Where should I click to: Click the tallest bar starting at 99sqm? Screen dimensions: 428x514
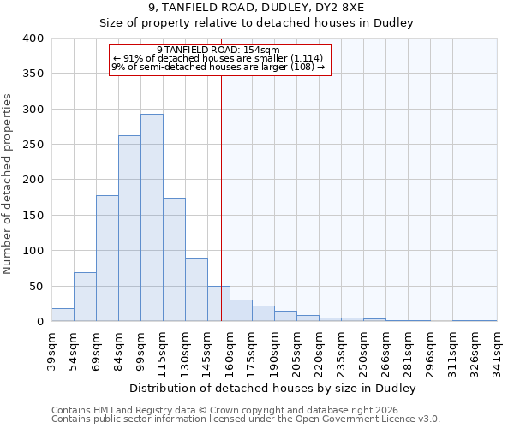point(152,217)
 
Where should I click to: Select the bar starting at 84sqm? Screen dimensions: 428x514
point(129,229)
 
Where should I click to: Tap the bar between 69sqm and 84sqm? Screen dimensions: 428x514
point(107,259)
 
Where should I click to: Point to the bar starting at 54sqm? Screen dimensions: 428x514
point(85,297)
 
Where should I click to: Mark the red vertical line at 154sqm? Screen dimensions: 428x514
point(221,197)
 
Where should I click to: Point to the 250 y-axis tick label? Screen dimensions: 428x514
point(33,145)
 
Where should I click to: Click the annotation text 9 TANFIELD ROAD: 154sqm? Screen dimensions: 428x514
point(219,50)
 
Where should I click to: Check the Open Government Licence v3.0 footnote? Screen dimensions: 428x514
point(246,419)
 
